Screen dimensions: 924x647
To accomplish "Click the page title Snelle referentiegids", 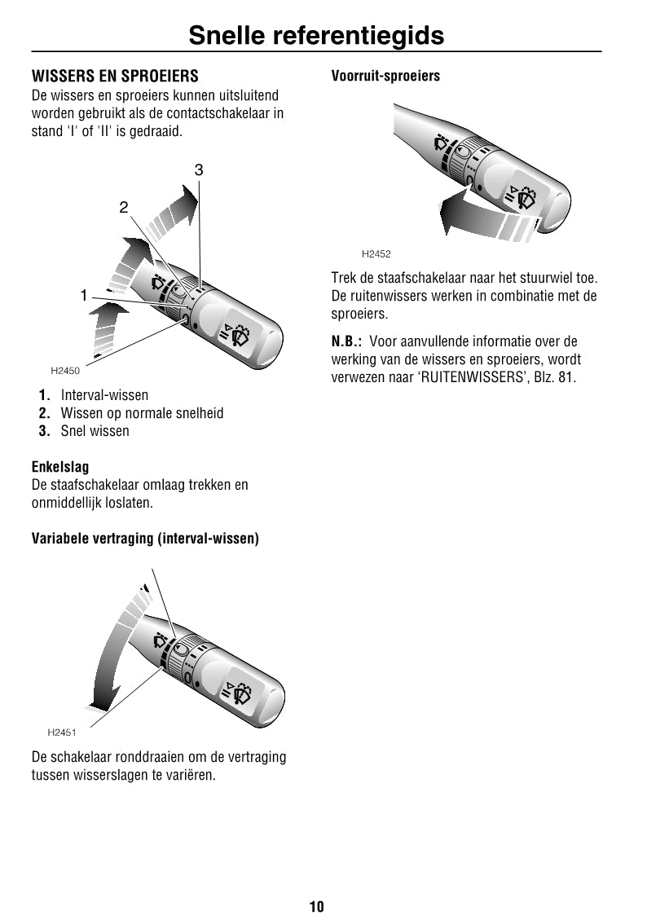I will [316, 35].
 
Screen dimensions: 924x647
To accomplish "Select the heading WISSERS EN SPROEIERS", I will [115, 77].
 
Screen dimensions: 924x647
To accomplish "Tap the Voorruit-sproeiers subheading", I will [385, 76].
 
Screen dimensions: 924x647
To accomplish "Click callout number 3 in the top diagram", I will [198, 170].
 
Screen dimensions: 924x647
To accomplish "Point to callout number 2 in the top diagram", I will [124, 207].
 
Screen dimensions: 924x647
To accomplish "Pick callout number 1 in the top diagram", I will [83, 296].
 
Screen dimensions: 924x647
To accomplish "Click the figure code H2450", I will [65, 371].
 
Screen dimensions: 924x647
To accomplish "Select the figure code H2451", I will [62, 733].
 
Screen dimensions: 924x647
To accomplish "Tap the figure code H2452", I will [376, 254].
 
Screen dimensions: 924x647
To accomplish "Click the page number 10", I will [316, 906].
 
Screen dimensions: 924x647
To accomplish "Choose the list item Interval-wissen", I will [104, 395].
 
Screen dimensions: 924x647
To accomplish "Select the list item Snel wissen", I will [95, 431].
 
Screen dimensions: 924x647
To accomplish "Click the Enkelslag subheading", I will [60, 467].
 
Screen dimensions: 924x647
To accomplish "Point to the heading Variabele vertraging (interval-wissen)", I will [145, 539].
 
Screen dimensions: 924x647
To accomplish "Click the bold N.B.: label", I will [346, 341].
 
